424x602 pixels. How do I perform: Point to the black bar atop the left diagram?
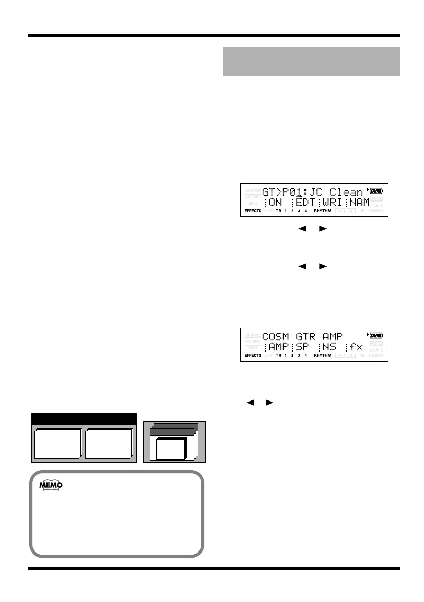pyautogui.click(x=84, y=419)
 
